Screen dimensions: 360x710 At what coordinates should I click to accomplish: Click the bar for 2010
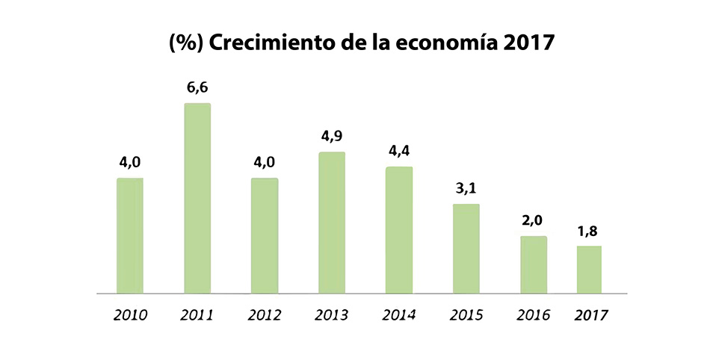tap(130, 235)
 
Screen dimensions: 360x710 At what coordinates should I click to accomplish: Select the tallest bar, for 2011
tap(197, 198)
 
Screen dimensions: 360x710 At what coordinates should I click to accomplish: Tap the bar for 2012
tap(265, 235)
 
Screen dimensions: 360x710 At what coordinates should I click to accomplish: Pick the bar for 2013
tap(332, 223)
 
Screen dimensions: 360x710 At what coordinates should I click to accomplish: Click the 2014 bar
tap(399, 230)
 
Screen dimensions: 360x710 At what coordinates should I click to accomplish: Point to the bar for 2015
tap(466, 249)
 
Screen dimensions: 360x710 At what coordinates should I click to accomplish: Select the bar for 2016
tap(534, 264)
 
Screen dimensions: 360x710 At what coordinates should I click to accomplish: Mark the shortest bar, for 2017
tap(589, 270)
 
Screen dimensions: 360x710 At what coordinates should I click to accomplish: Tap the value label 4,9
tap(332, 137)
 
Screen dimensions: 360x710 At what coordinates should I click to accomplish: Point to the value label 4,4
tap(399, 152)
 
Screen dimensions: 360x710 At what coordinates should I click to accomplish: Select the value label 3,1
tap(466, 189)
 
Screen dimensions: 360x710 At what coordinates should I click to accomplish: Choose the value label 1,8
tap(589, 232)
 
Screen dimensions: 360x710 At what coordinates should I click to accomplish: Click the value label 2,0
tap(534, 222)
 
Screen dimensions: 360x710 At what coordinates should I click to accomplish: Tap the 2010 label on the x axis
tap(131, 314)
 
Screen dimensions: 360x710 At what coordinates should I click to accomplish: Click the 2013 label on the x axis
tap(332, 314)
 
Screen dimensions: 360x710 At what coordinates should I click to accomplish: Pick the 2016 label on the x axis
tap(534, 314)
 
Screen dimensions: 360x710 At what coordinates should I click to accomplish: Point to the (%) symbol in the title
tap(186, 43)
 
